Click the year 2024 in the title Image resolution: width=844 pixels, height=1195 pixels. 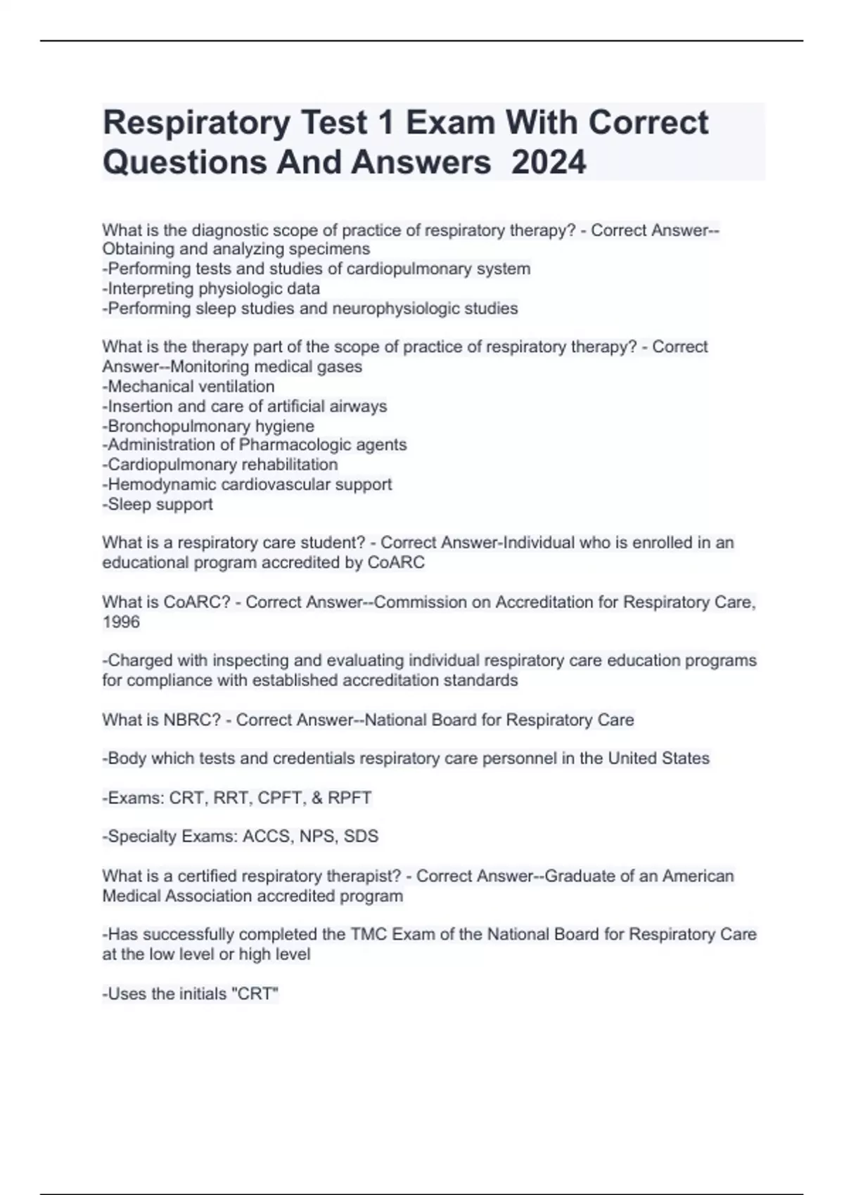click(549, 162)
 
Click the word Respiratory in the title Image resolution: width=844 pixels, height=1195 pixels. click(196, 123)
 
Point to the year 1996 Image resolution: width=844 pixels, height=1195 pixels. click(121, 622)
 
